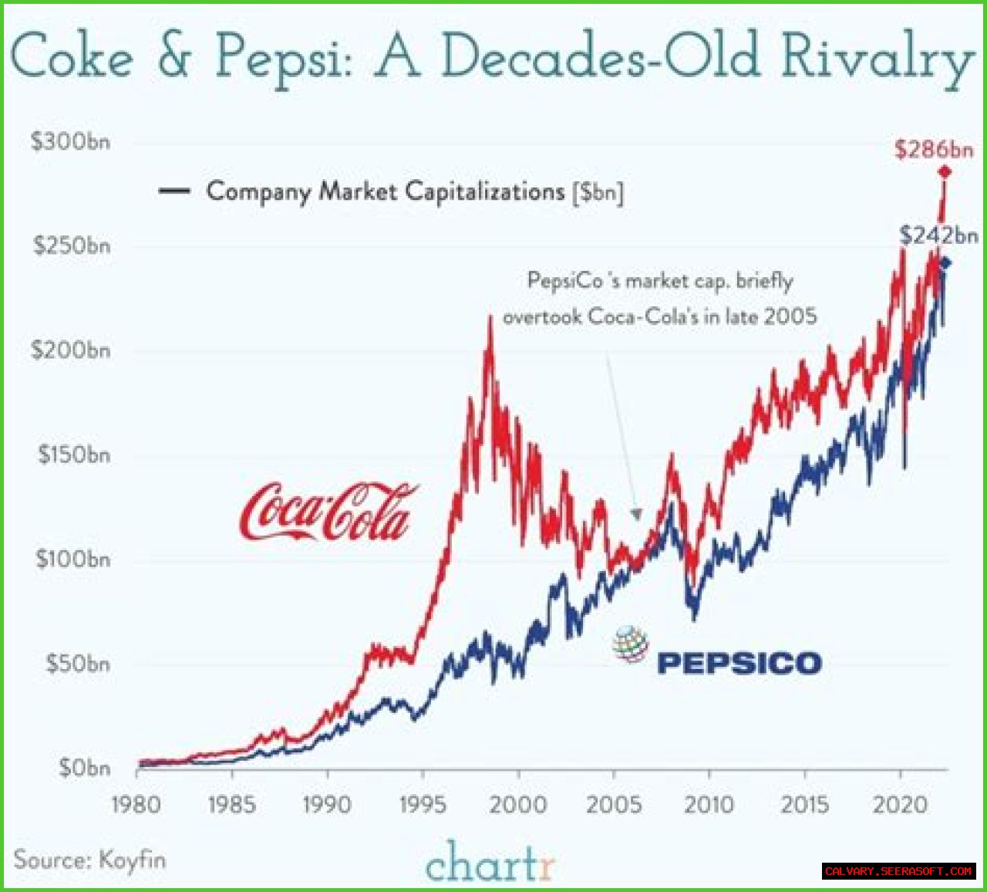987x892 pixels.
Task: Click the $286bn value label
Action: coord(934,149)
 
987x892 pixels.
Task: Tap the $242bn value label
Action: coord(938,235)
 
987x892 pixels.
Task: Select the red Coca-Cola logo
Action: coord(328,512)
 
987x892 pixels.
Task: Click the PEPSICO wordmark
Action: coord(739,663)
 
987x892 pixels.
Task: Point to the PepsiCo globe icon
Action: coord(631,644)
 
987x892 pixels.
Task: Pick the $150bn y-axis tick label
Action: coord(74,454)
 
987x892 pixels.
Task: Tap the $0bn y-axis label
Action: coord(85,768)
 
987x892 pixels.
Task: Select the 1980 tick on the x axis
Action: coord(136,805)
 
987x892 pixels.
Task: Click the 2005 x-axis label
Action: coord(614,805)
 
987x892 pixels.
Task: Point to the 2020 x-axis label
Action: coord(900,805)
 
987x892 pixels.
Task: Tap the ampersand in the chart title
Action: coord(174,56)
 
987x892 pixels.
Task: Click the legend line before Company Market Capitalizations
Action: coord(174,191)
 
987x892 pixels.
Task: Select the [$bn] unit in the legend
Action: coord(598,191)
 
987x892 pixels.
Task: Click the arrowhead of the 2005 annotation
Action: coord(636,513)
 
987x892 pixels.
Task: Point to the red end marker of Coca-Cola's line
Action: coord(944,171)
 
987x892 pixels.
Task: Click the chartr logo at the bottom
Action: coord(490,862)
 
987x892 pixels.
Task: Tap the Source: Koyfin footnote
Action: coord(89,860)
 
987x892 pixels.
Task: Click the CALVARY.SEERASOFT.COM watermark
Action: coord(898,871)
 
